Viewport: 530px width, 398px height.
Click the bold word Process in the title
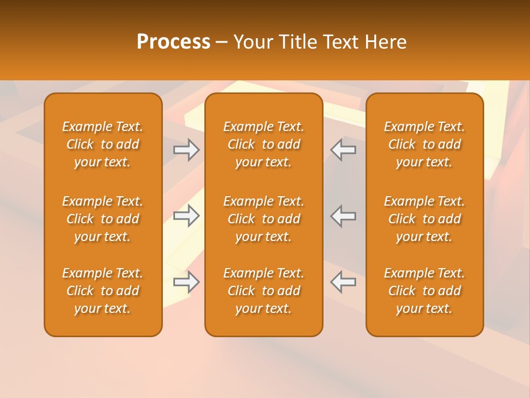click(x=173, y=42)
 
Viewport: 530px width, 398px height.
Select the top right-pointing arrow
click(x=186, y=150)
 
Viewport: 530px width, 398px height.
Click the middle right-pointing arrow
click(x=186, y=216)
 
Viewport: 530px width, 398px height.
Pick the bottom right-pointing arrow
click(x=186, y=282)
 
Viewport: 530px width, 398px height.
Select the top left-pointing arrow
click(x=343, y=150)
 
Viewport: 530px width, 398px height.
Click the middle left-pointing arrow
click(x=343, y=216)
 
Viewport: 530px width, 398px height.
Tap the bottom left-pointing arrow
click(x=343, y=282)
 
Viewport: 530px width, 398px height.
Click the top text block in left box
click(x=103, y=144)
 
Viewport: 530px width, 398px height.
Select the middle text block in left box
click(x=103, y=219)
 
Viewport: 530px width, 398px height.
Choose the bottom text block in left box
click(x=103, y=291)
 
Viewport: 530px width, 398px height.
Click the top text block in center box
click(x=263, y=144)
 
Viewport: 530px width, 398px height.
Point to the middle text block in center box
click(x=263, y=219)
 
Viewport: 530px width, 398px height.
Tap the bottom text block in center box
click(x=263, y=291)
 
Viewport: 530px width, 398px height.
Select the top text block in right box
click(x=425, y=144)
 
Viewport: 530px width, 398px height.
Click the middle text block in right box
click(x=425, y=219)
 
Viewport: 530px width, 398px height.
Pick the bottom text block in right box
click(x=425, y=291)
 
